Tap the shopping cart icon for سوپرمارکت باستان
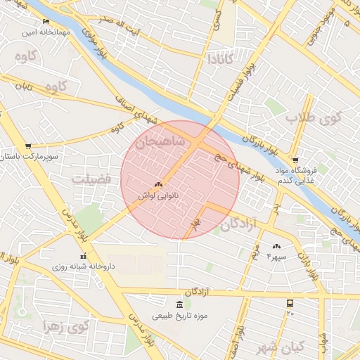(x=27, y=147)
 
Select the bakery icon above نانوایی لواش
(x=157, y=184)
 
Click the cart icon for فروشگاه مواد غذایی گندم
(x=295, y=160)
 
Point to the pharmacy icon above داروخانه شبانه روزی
(x=84, y=257)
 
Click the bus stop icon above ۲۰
(x=290, y=303)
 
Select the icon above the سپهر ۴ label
(x=276, y=246)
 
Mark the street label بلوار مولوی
(x=89, y=41)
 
